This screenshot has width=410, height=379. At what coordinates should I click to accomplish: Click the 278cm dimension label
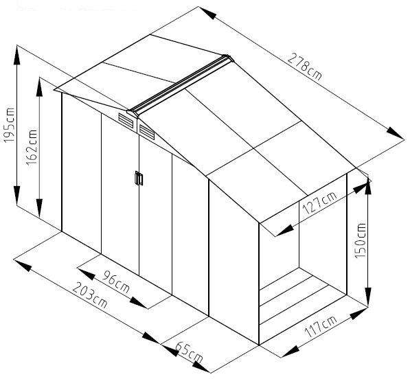pyautogui.click(x=304, y=67)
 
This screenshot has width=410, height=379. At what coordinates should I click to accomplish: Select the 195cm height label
pyautogui.click(x=10, y=125)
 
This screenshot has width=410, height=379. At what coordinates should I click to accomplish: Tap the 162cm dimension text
pyautogui.click(x=32, y=147)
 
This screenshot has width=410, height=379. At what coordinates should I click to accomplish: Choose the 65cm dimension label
pyautogui.click(x=189, y=352)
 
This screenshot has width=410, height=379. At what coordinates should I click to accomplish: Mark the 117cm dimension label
pyautogui.click(x=321, y=326)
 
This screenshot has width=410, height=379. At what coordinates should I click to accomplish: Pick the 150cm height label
pyautogui.click(x=360, y=240)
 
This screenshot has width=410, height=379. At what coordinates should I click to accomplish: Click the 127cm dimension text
pyautogui.click(x=319, y=203)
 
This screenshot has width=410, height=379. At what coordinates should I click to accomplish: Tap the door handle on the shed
pyautogui.click(x=139, y=179)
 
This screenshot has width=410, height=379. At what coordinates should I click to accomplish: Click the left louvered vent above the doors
pyautogui.click(x=126, y=120)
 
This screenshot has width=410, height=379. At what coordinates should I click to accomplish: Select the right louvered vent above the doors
pyautogui.click(x=147, y=132)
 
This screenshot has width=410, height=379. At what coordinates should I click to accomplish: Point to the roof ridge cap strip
pyautogui.click(x=180, y=86)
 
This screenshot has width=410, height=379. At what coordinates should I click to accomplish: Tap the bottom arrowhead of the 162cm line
pyautogui.click(x=39, y=208)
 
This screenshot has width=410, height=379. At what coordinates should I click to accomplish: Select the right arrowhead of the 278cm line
pyautogui.click(x=396, y=133)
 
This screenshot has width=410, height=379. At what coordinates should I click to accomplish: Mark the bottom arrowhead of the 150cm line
pyautogui.click(x=367, y=297)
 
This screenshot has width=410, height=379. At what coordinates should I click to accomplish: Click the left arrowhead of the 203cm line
pyautogui.click(x=23, y=265)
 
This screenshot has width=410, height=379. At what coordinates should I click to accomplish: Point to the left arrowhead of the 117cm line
pyautogui.click(x=291, y=352)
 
